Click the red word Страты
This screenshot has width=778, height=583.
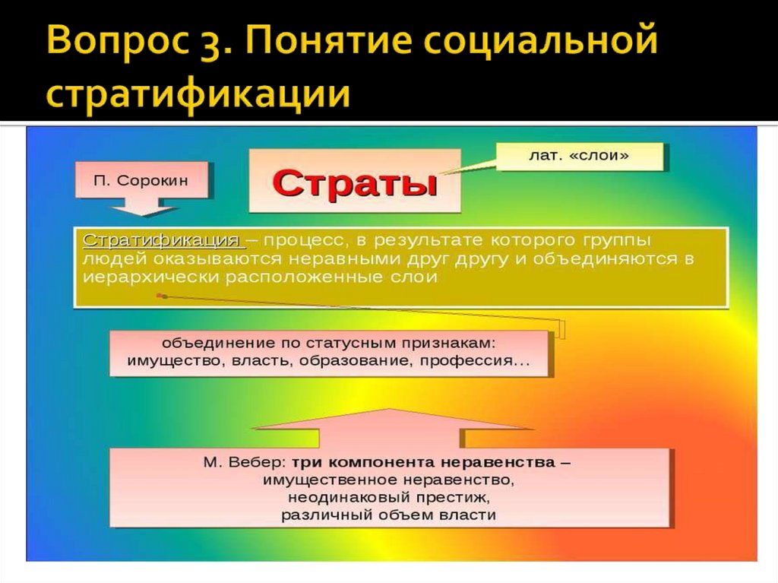[354, 182]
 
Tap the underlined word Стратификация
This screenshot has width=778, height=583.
[163, 241]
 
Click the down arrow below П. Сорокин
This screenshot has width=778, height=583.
[144, 207]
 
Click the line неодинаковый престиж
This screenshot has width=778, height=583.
[388, 498]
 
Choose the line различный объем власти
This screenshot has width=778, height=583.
[388, 515]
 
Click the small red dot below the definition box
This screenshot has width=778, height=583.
[160, 295]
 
